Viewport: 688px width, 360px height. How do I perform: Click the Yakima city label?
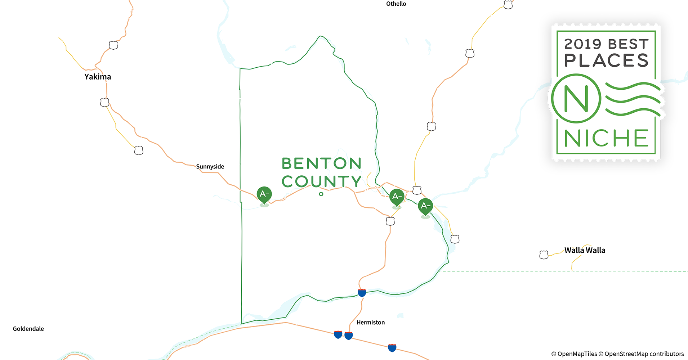point(98,77)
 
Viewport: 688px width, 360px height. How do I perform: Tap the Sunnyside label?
point(210,166)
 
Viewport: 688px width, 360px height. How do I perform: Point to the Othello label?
point(396,4)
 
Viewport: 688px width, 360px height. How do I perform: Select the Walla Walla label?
point(585,250)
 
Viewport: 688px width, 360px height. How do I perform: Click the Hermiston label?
point(370,323)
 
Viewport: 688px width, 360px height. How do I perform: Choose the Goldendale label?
point(28,329)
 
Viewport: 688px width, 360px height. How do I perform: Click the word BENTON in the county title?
point(321,163)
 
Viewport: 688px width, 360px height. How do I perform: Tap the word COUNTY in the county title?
point(321,181)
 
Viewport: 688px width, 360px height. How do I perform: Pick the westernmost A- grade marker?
point(264,194)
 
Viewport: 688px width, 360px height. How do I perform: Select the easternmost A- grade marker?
point(425,206)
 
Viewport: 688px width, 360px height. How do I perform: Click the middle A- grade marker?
point(397,197)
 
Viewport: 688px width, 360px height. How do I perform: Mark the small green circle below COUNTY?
point(321,194)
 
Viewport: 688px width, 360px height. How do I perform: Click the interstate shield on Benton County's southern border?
point(362,293)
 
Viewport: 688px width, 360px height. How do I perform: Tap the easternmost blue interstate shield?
point(392,348)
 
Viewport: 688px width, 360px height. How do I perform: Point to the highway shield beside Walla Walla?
point(544,255)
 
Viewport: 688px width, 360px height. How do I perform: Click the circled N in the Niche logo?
point(576,99)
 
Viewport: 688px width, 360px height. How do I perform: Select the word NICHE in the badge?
point(606,138)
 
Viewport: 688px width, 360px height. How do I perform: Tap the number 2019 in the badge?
point(582,44)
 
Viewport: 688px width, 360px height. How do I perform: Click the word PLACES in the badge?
point(606,60)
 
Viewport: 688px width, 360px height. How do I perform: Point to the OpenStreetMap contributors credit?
point(644,354)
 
